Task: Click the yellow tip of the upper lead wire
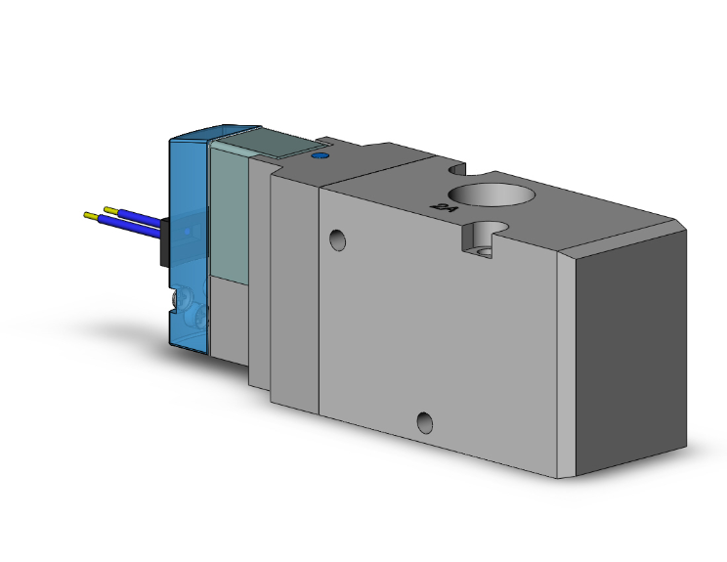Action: [110, 209]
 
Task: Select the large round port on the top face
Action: [493, 195]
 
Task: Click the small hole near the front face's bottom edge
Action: [424, 423]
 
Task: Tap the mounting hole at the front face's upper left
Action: [337, 239]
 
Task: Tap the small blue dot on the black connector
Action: [186, 232]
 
